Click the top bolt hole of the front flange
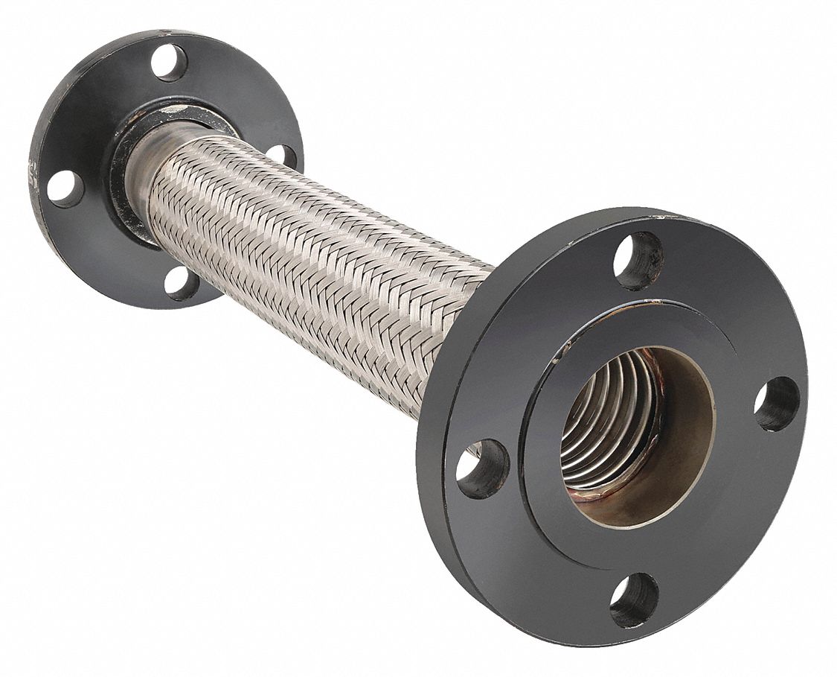pyautogui.click(x=638, y=261)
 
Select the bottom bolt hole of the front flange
pyautogui.click(x=634, y=600)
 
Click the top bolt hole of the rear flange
pyautogui.click(x=169, y=63)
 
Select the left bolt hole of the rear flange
pyautogui.click(x=65, y=188)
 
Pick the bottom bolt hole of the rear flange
pyautogui.click(x=181, y=283)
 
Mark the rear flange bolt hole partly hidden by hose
pyautogui.click(x=282, y=157)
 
